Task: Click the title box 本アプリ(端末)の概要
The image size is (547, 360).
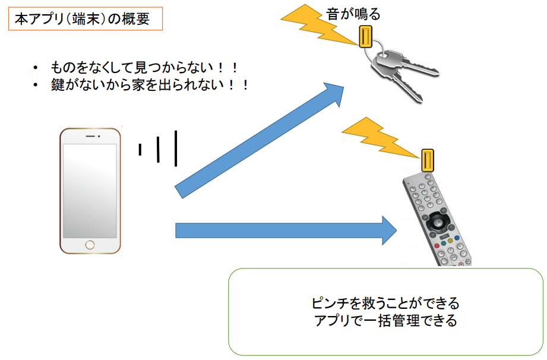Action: tap(86, 18)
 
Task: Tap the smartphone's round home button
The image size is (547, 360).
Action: tap(90, 245)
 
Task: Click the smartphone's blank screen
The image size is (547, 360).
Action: tap(90, 191)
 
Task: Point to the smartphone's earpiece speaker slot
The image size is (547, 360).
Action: tap(90, 136)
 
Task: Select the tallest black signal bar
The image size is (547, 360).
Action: tap(176, 149)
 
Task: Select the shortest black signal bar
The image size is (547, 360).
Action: tap(140, 149)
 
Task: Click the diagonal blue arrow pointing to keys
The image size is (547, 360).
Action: tap(259, 141)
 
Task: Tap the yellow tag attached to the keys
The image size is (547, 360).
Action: tap(366, 37)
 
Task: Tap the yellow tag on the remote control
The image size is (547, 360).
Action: tap(428, 160)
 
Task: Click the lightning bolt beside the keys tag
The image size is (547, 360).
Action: tap(319, 24)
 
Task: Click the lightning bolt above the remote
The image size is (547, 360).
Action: tap(381, 138)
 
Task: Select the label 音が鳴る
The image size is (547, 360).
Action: tap(353, 14)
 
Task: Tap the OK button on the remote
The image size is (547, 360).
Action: tap(438, 222)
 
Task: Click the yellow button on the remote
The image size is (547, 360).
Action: tap(450, 241)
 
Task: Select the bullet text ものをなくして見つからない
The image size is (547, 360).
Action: tap(132, 67)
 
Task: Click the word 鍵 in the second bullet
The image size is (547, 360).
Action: tap(57, 85)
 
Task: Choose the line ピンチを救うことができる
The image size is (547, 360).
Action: tap(385, 303)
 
